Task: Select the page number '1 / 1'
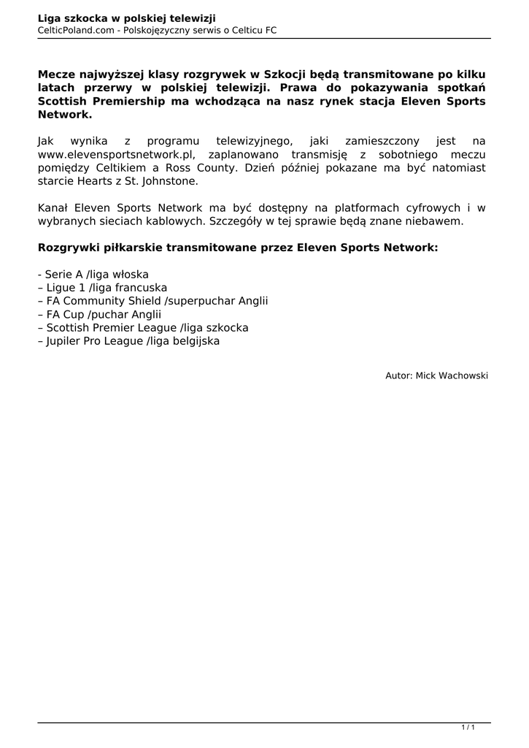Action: (468, 727)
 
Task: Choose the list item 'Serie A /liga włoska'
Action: (93, 275)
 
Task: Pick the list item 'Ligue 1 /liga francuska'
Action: (102, 288)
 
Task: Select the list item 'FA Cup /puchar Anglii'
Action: (99, 314)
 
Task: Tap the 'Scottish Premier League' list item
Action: (143, 327)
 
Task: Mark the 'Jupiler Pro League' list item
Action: (128, 340)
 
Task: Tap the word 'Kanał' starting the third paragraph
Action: (53, 207)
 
